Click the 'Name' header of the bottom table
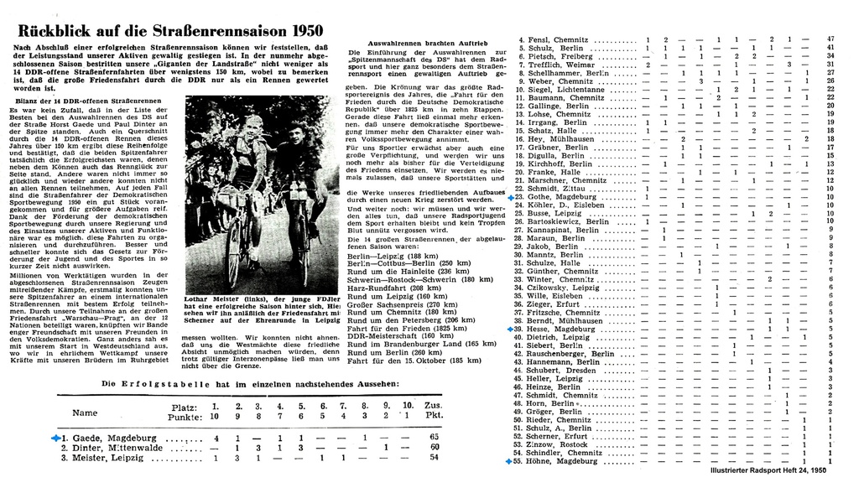click(85, 413)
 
